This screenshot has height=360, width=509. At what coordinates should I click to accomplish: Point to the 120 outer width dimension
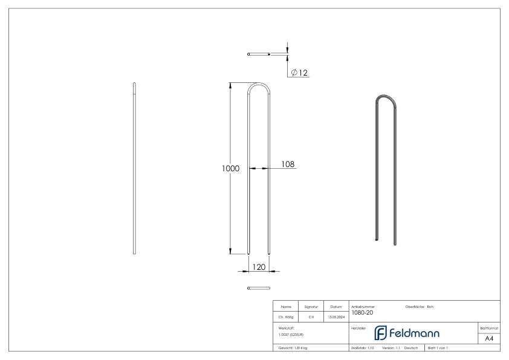point(259,266)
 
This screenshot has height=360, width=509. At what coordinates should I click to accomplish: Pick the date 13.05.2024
point(336,315)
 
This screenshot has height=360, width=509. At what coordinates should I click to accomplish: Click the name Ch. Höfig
point(285,315)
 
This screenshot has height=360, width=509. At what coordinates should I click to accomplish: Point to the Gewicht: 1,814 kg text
point(293,349)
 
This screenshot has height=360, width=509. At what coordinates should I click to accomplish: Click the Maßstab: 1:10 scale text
point(363,349)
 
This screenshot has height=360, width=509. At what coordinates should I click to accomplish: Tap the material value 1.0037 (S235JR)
point(291,333)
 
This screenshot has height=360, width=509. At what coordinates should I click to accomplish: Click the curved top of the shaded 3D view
point(386,99)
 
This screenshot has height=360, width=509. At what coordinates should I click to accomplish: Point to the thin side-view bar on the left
point(134,169)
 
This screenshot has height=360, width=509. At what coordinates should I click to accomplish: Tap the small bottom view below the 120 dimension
point(259,288)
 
